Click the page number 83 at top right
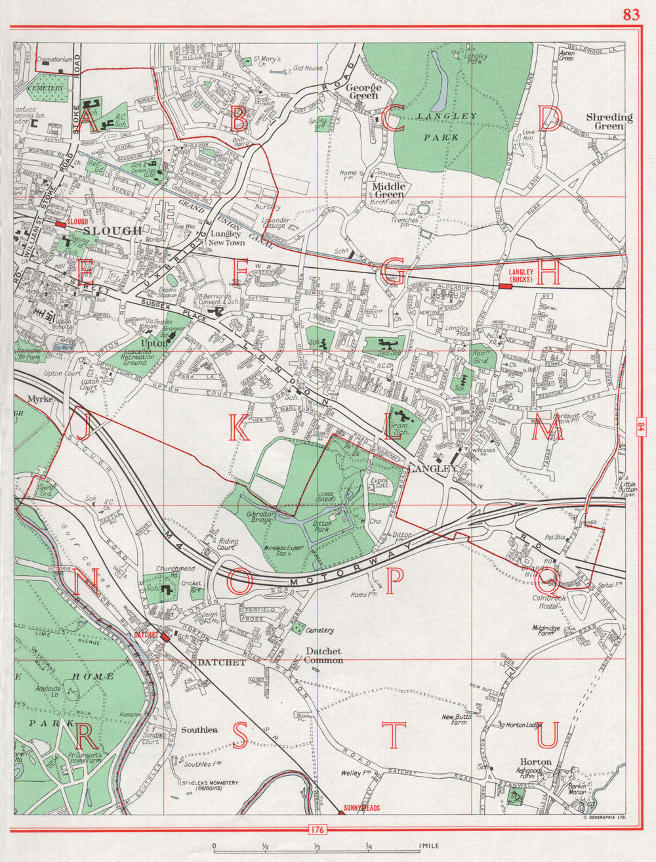point(630,15)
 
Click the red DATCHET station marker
point(146,635)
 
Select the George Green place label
point(363,91)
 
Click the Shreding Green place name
point(609,121)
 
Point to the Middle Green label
point(388,190)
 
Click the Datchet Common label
point(324,655)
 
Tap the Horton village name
point(535,762)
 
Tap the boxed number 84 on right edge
point(641,427)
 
